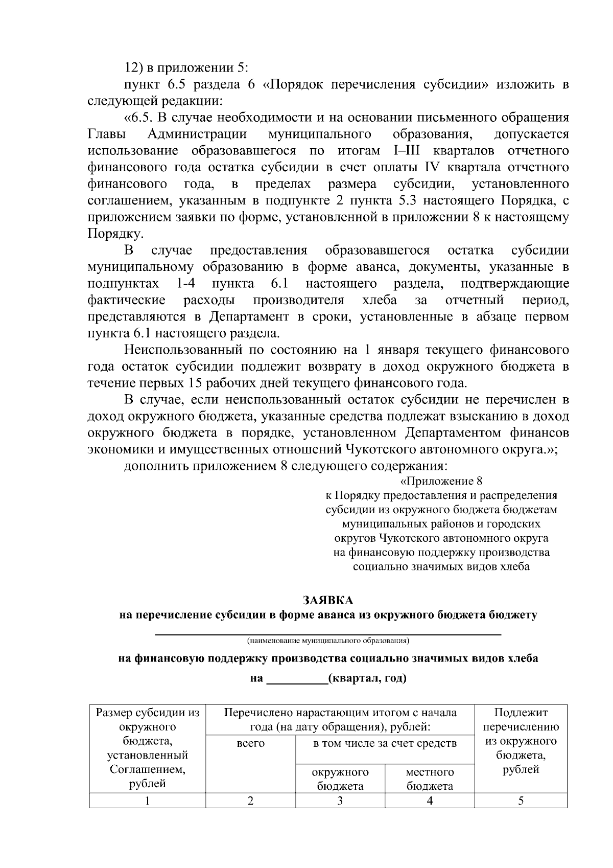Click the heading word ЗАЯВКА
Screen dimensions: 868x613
[x=327, y=600]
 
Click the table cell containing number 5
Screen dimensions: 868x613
[x=521, y=801]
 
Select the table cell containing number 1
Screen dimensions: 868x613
[x=147, y=801]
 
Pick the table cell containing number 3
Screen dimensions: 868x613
[x=340, y=801]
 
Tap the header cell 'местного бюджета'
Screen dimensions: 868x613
[x=430, y=779]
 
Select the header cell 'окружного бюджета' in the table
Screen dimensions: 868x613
[x=340, y=779]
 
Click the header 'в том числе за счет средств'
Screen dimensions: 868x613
[x=385, y=743]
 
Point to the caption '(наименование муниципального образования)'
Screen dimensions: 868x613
[x=327, y=640]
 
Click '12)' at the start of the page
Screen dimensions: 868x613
[x=134, y=68]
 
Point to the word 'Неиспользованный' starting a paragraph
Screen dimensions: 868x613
[x=183, y=350]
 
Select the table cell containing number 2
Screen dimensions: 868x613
[x=250, y=801]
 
